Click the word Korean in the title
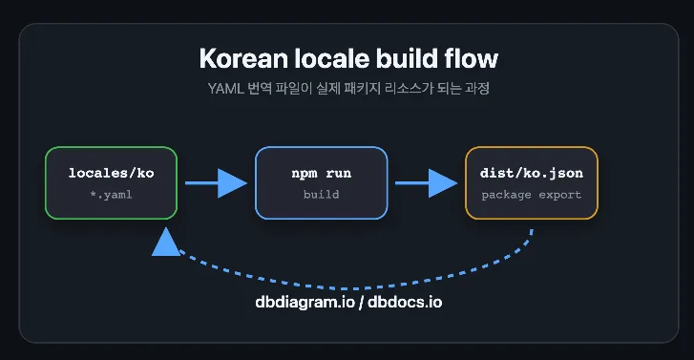click(x=243, y=58)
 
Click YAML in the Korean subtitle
click(x=225, y=89)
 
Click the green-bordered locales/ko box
click(x=111, y=183)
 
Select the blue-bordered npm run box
click(x=322, y=183)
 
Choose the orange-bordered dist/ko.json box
click(x=532, y=183)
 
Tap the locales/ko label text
click(x=111, y=173)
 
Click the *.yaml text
click(x=111, y=195)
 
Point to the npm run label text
click(x=322, y=173)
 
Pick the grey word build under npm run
click(x=322, y=195)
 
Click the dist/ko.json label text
click(x=532, y=173)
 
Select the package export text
click(x=532, y=195)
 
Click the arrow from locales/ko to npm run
click(x=216, y=183)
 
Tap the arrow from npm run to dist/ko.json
click(x=426, y=183)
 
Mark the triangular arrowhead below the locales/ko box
click(x=166, y=243)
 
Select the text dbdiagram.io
click(x=305, y=302)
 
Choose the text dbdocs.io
click(x=405, y=302)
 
